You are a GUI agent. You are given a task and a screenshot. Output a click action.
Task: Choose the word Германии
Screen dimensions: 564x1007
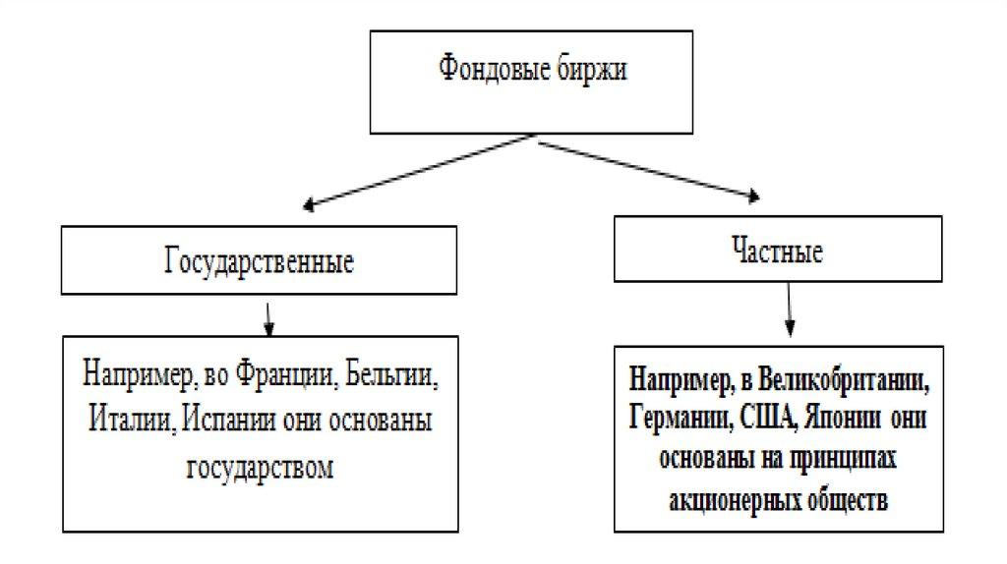(x=675, y=416)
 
